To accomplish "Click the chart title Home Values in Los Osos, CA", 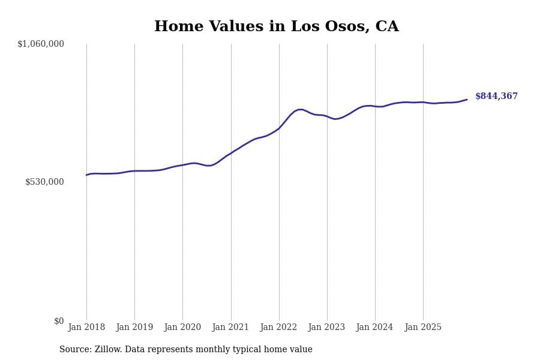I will click(x=276, y=27).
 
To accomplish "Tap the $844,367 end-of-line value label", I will click(x=496, y=96).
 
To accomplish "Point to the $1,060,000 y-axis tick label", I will click(x=41, y=44).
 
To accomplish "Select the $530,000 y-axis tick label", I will click(x=44, y=182).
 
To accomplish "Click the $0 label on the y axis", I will click(x=59, y=321).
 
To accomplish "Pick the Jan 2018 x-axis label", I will click(x=86, y=328).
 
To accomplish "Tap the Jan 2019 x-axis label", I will click(x=134, y=328).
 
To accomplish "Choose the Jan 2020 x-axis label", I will click(x=182, y=328).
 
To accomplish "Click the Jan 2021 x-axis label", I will click(x=230, y=328).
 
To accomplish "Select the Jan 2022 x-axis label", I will click(x=278, y=328).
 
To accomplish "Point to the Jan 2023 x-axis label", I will click(x=326, y=328).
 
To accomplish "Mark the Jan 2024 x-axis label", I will click(x=374, y=328).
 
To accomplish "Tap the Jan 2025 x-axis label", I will click(x=423, y=328).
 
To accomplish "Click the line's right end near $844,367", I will click(x=467, y=100).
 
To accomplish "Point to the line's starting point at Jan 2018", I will click(x=86, y=175).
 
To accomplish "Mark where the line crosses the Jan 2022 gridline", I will click(x=279, y=128).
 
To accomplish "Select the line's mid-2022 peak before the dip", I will click(x=300, y=110).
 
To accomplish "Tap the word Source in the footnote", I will click(x=74, y=350).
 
